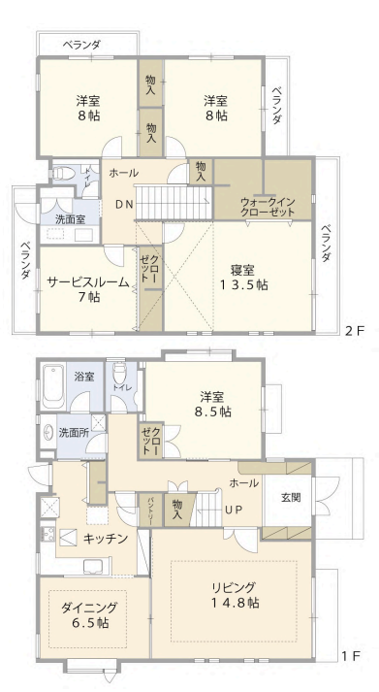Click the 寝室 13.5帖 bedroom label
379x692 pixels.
(243, 278)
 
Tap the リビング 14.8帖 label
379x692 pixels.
(235, 595)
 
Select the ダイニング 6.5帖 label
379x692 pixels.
(89, 614)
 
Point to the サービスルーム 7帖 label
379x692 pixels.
(88, 289)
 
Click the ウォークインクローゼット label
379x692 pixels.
(268, 207)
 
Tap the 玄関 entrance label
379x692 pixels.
(291, 497)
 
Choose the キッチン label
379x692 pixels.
(106, 538)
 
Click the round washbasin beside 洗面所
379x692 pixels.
(48, 433)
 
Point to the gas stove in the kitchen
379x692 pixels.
(47, 533)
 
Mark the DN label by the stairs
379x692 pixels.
(123, 204)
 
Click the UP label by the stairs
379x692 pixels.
(234, 510)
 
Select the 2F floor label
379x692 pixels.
(355, 331)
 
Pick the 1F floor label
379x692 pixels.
(351, 655)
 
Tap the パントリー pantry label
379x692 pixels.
(150, 510)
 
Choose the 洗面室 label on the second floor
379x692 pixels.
(71, 218)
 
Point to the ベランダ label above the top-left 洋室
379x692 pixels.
(81, 45)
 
